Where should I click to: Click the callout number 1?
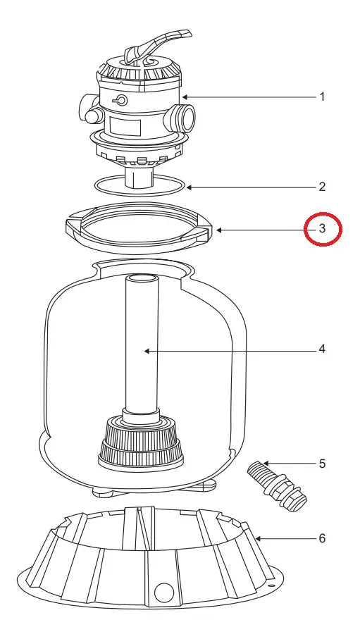pyautogui.click(x=322, y=97)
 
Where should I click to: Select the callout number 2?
pyautogui.click(x=322, y=187)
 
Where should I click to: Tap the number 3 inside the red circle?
pyautogui.click(x=322, y=229)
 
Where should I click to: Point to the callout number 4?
pyautogui.click(x=322, y=349)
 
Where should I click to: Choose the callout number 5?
pyautogui.click(x=322, y=464)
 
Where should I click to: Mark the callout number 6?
pyautogui.click(x=322, y=539)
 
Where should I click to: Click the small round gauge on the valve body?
pyautogui.click(x=121, y=100)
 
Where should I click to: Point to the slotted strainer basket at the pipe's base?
pyautogui.click(x=141, y=443)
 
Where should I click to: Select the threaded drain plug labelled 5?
pyautogui.click(x=277, y=486)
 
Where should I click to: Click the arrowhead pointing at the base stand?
pyautogui.click(x=259, y=539)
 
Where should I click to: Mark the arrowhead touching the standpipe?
pyautogui.click(x=147, y=349)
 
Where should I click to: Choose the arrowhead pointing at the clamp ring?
pyautogui.click(x=219, y=230)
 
